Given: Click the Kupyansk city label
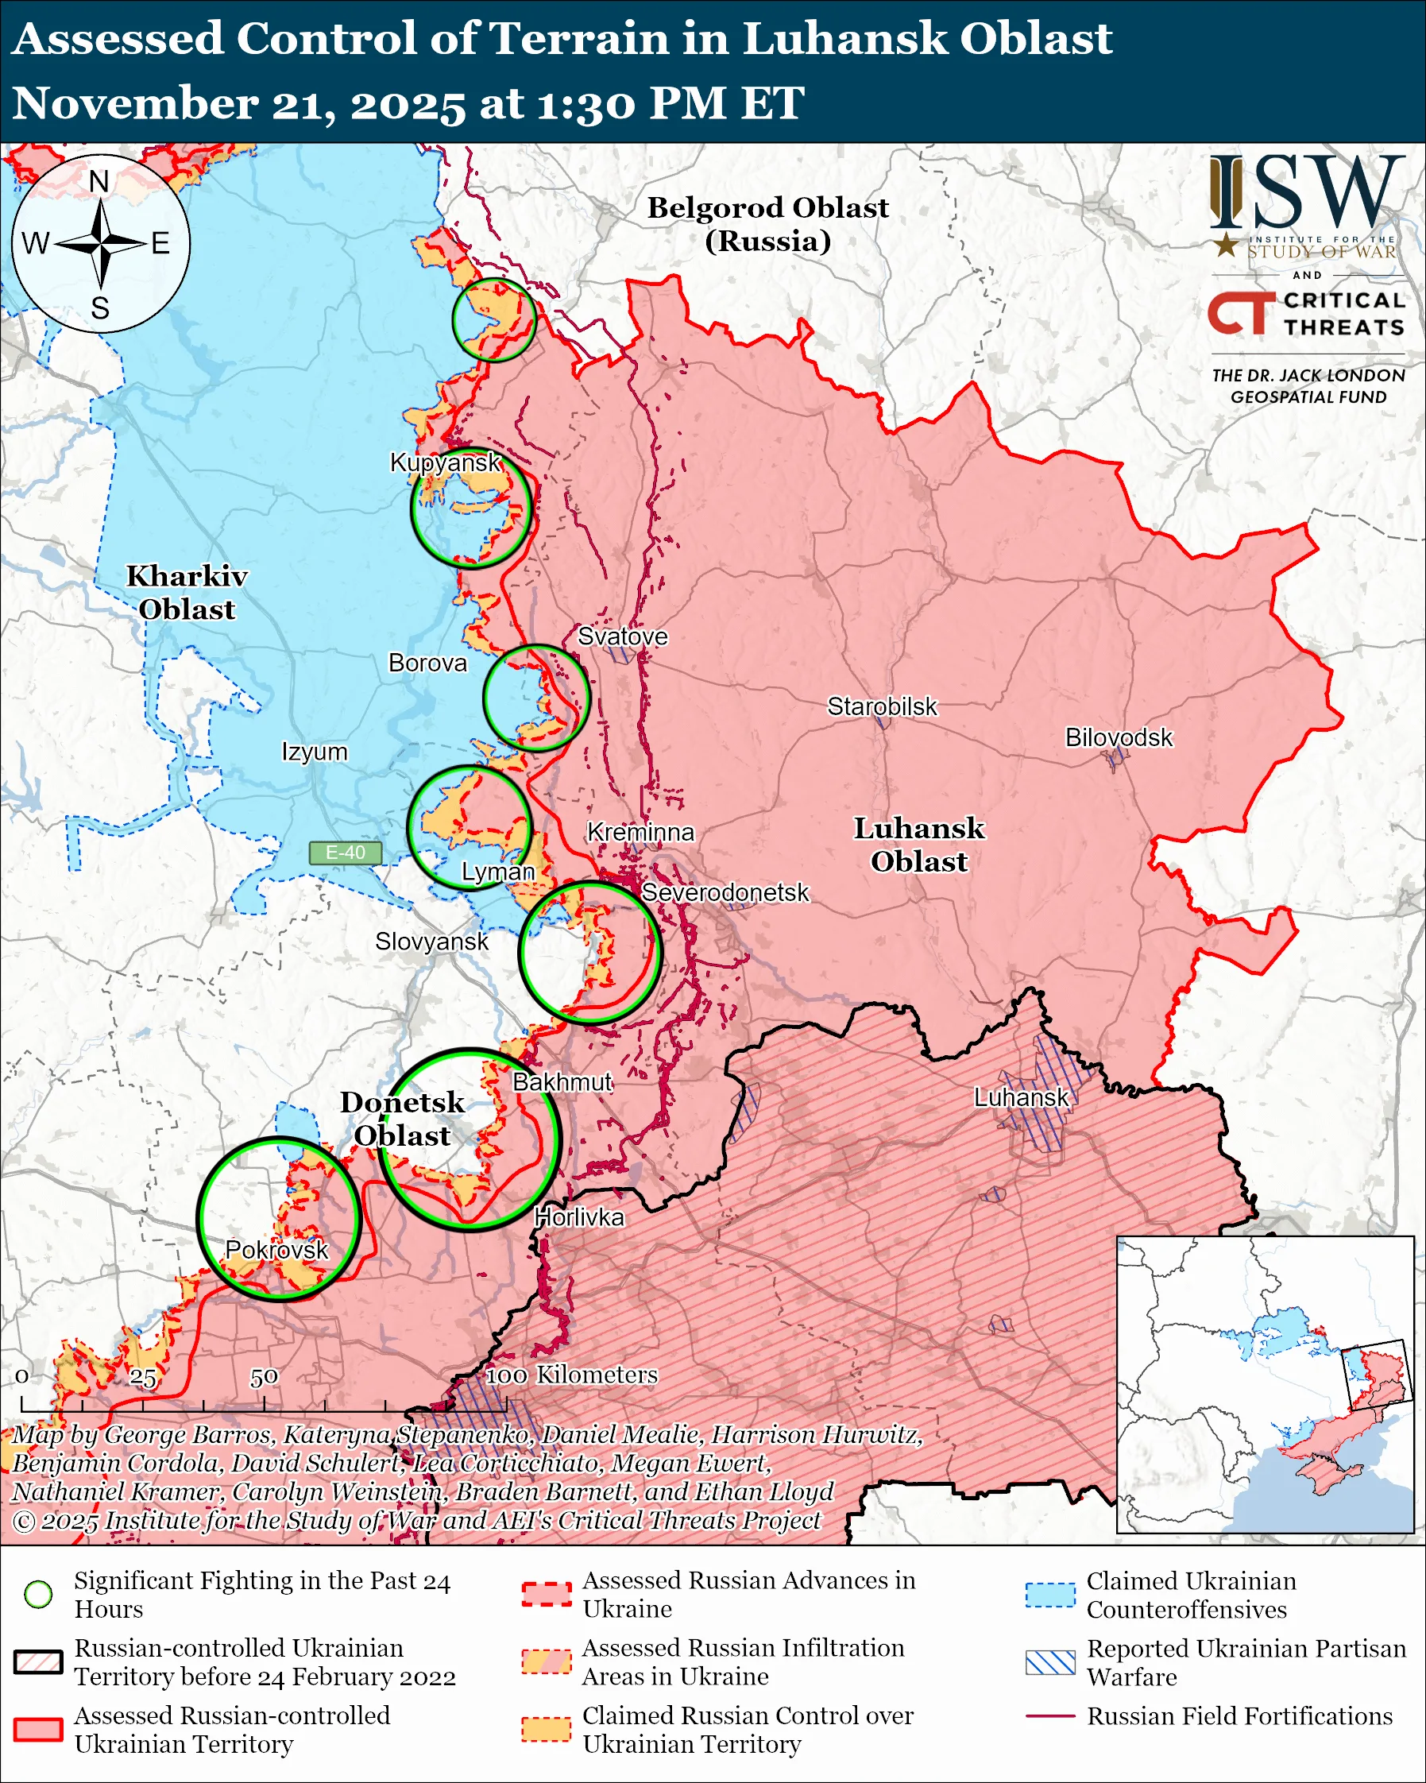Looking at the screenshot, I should click(x=445, y=462).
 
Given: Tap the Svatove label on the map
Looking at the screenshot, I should click(x=622, y=636).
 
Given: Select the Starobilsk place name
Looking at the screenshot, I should click(x=881, y=706).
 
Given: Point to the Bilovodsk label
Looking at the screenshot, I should click(x=1118, y=737).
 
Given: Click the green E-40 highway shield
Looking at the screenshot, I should click(x=345, y=853).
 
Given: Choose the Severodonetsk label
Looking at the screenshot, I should click(x=725, y=892).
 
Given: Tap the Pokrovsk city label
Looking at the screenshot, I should click(x=276, y=1250).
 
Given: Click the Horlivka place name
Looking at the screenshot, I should click(x=578, y=1217).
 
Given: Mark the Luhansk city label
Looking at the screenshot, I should click(x=1020, y=1097).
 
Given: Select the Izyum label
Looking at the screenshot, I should click(x=314, y=752).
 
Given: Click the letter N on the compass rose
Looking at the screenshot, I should click(x=99, y=181).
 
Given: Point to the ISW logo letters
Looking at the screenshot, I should click(x=1306, y=191).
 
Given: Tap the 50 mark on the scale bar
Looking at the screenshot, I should click(x=264, y=1377).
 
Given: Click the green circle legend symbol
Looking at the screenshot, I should click(x=39, y=1594).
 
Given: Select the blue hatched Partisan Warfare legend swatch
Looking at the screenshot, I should click(x=1050, y=1662).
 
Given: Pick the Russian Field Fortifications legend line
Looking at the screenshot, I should click(x=1050, y=1716).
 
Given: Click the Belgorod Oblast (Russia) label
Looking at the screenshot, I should click(x=767, y=223).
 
